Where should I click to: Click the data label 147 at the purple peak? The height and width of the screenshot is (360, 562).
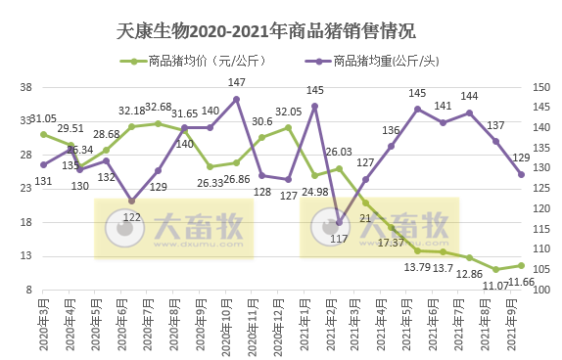237,82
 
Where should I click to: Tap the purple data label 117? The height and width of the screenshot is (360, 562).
340,238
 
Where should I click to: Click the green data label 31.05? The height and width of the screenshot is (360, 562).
43,118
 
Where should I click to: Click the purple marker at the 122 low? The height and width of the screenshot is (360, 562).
132,201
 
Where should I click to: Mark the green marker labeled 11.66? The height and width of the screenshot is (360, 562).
522,265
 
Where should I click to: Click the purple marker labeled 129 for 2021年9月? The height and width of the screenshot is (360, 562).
522,174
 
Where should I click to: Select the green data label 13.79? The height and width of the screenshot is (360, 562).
418,267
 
